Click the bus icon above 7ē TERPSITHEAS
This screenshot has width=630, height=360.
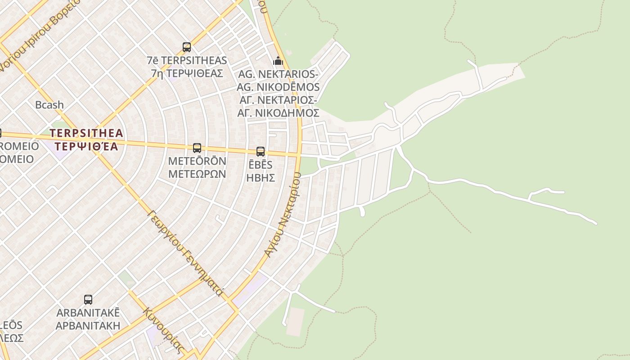coord(186,47)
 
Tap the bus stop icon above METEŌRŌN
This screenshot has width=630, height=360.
coord(197,148)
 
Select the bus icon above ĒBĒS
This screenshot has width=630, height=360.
coord(261,152)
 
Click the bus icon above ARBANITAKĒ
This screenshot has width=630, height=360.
coord(88,300)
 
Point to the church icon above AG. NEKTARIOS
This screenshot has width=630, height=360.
coord(278,61)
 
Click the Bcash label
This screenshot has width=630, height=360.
coord(49,105)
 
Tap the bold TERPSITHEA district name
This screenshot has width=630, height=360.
coord(86,133)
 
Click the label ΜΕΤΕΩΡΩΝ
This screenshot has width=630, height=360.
coord(197,174)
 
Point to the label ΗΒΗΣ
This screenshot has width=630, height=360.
coord(261,177)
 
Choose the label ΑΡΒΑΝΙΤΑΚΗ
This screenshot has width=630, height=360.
coord(88,325)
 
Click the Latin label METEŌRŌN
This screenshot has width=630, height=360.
coord(197,161)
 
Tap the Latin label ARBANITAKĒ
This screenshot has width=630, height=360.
coord(88,313)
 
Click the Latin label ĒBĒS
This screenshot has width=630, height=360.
coord(261,165)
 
